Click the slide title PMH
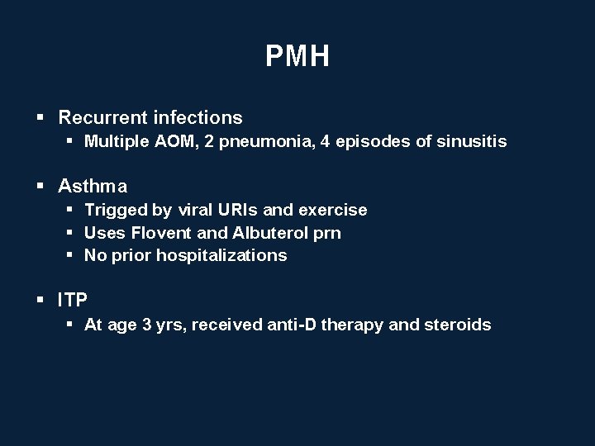tap(297, 56)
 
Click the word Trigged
tap(115, 210)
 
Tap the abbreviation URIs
tap(241, 210)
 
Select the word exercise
tap(334, 210)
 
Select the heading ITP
tap(74, 300)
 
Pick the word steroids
tap(457, 325)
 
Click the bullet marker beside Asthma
tap(40, 187)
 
